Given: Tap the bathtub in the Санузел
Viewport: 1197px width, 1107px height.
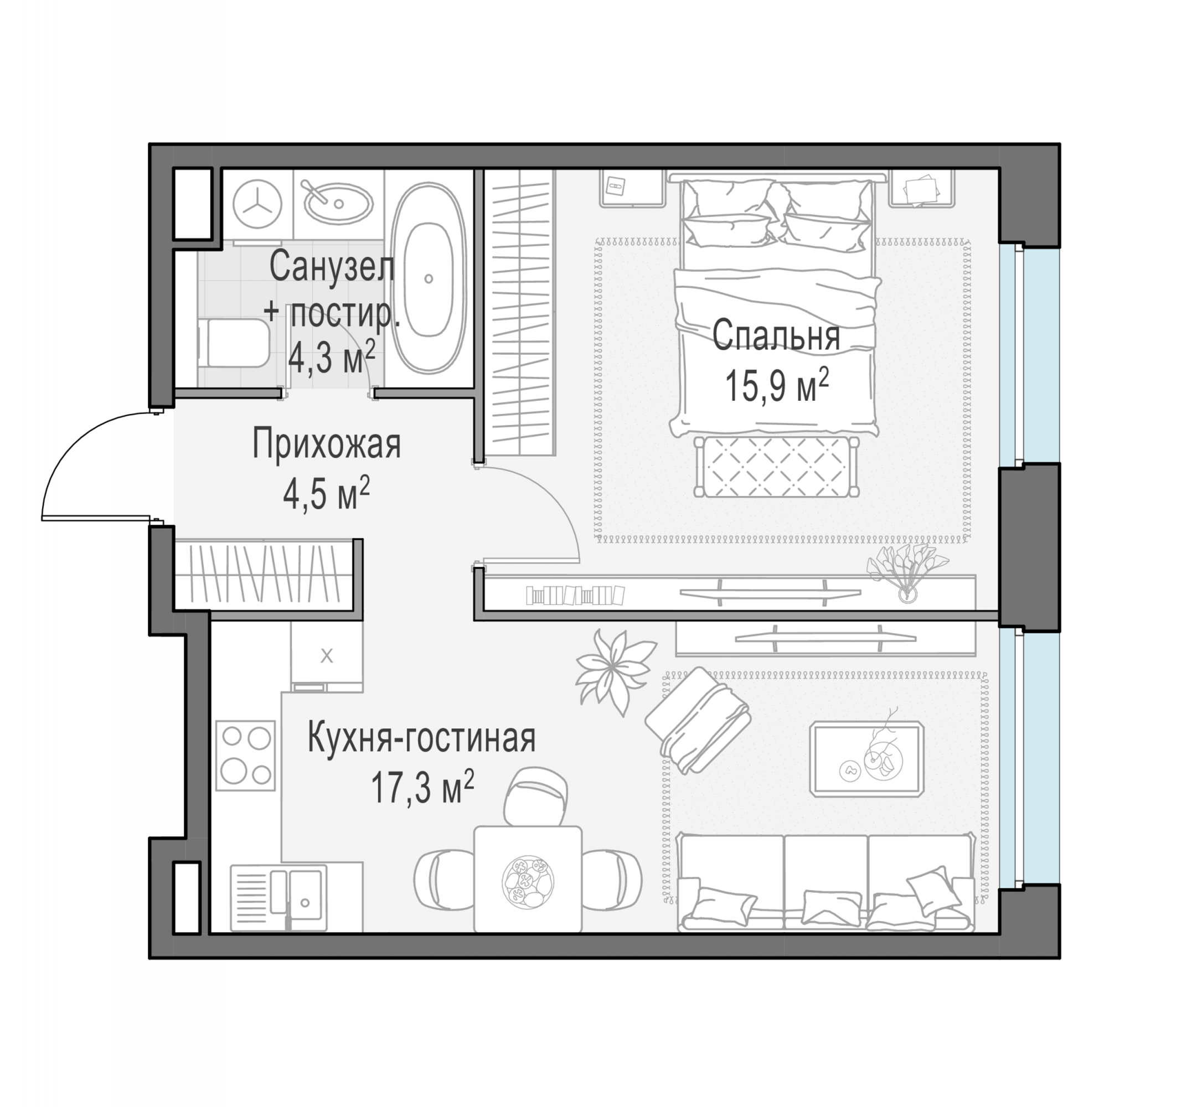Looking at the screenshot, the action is [429, 278].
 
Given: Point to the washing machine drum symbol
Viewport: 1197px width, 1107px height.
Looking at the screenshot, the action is [257, 204].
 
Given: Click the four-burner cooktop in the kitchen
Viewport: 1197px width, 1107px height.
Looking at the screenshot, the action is [246, 756].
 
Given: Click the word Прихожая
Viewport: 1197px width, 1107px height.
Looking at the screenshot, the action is [326, 444].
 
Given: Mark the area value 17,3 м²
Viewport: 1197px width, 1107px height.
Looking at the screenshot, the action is [422, 787].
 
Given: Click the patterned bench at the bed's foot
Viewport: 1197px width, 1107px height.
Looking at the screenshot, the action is [776, 467].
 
